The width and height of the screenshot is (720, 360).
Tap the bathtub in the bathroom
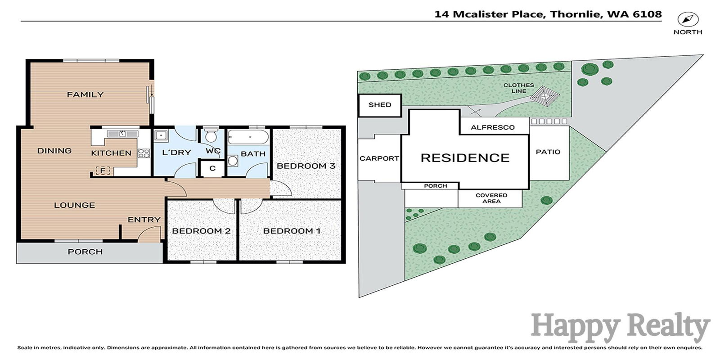248,137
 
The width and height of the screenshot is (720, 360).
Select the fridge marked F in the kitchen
103,171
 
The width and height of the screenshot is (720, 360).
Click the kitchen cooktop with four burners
144,153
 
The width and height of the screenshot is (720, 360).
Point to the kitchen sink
122,134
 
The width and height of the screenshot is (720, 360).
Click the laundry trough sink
161,135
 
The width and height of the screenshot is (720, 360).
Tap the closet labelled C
212,168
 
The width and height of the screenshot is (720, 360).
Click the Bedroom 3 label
306,166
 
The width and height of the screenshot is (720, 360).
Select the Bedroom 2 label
201,231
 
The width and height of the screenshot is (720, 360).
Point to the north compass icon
688,20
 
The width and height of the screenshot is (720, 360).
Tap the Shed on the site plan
380,105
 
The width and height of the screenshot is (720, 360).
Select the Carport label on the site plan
379,158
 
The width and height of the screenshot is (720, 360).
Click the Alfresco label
493,127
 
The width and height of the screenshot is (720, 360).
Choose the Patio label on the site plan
548,152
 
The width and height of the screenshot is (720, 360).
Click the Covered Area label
491,198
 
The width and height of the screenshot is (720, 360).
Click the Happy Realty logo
621,328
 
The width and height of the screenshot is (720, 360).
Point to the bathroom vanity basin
232,160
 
